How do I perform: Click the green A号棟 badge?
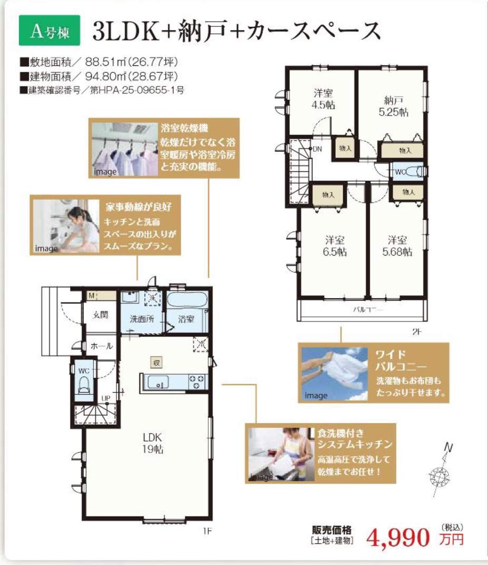pos(50,30)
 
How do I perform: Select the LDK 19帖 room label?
pos(152,443)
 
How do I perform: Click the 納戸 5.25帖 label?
pos(394,106)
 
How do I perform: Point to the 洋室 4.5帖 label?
pos(323,99)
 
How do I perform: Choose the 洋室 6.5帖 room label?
pos(335,246)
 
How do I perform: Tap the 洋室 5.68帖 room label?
pos(397,246)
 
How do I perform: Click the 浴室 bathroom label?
pos(186,319)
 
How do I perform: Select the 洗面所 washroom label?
pos(142,319)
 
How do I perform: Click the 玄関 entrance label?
pos(100,315)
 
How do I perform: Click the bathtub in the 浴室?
pos(187,300)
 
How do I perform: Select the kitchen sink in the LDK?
pos(158,382)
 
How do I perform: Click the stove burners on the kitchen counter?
pos(197,382)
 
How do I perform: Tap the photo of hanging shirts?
pos(125,149)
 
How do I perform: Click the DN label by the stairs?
pos(317,149)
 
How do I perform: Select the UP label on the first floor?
pos(105,398)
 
